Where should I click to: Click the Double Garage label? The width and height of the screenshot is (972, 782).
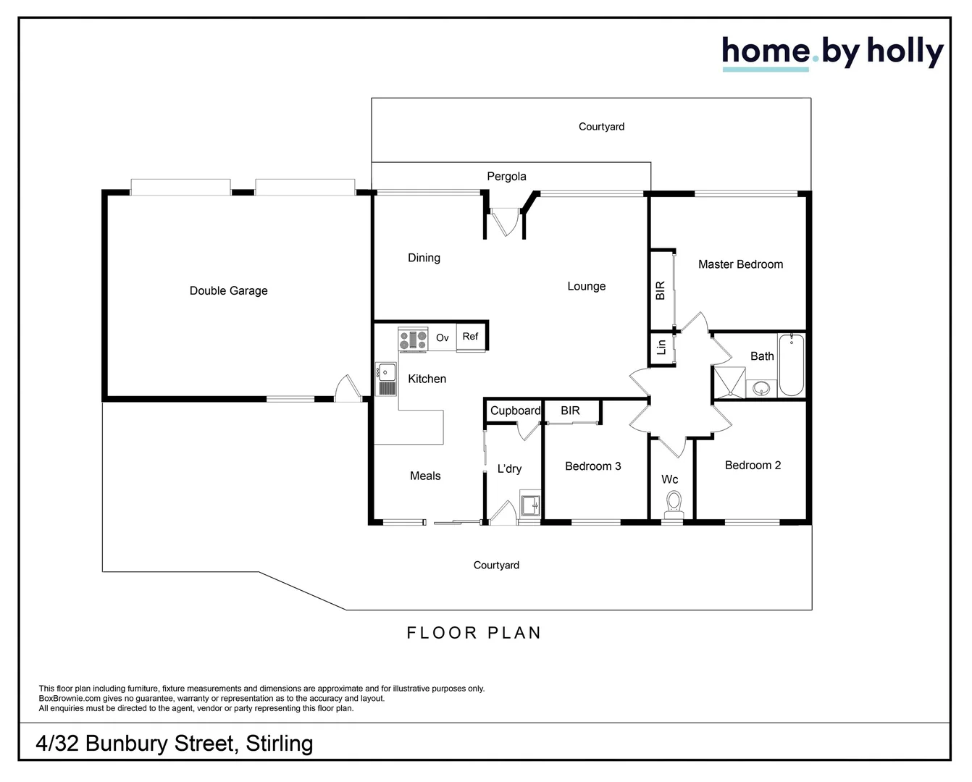(x=228, y=290)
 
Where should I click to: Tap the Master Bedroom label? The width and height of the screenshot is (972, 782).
(x=740, y=264)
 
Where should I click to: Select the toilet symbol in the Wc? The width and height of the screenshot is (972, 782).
(x=674, y=502)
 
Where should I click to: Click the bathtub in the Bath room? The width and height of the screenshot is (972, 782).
(x=791, y=364)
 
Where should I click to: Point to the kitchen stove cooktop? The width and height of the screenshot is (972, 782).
(x=413, y=340)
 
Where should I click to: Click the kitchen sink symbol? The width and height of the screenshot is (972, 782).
(x=386, y=379)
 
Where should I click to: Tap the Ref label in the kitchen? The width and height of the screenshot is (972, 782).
(x=470, y=336)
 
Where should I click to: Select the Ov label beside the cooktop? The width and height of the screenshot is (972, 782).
(x=442, y=337)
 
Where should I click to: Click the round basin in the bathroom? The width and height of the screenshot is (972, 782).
(x=762, y=389)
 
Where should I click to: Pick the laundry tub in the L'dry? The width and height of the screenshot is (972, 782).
(x=530, y=504)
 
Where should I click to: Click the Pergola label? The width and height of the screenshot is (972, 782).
(x=506, y=176)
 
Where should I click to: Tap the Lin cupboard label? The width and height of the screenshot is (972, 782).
(x=661, y=348)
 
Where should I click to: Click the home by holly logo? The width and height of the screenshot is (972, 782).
(x=832, y=52)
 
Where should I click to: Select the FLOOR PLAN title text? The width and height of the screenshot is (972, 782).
(x=474, y=633)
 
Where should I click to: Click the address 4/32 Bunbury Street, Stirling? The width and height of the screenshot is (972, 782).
(x=175, y=744)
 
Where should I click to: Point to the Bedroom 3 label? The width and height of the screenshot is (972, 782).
(x=592, y=466)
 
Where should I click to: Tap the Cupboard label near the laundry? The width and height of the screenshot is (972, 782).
(x=515, y=411)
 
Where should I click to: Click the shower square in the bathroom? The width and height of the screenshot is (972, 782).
(x=729, y=382)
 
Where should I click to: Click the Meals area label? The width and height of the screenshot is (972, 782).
(x=425, y=476)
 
